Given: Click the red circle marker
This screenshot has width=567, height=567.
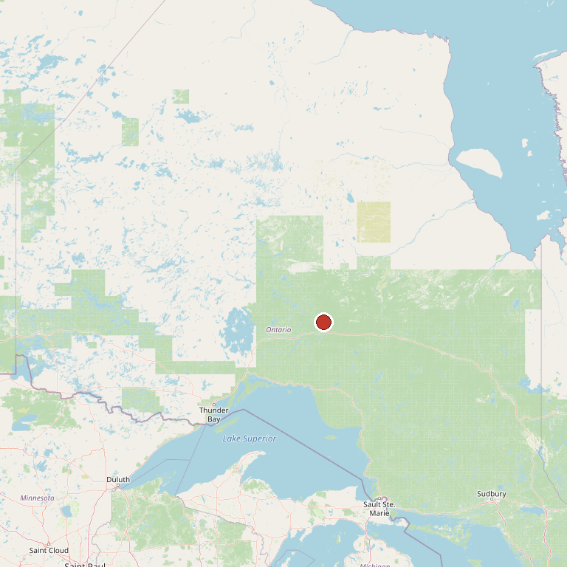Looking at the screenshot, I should [x=323, y=323].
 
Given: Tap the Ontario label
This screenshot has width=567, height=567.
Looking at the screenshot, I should [x=278, y=329].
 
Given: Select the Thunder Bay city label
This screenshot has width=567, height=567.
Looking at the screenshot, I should [x=213, y=414].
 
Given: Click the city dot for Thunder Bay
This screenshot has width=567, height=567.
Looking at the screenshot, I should [x=214, y=404].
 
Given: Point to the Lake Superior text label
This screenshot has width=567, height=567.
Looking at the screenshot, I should [x=250, y=439].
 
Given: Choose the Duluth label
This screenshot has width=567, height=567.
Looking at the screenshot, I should [x=118, y=479].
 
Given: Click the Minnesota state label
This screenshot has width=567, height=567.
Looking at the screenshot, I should [x=37, y=498].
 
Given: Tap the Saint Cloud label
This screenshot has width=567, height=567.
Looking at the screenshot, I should [x=49, y=550].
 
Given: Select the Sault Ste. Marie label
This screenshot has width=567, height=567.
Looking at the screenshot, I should [x=379, y=509].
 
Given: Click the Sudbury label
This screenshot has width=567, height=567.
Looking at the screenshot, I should [x=491, y=493].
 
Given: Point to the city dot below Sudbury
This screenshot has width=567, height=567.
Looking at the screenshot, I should [x=492, y=500].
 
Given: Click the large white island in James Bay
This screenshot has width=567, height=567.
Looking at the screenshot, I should [x=478, y=163].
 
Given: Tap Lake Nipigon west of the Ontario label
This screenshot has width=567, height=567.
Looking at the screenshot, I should [x=238, y=329].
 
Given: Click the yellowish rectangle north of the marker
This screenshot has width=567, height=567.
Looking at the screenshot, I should [x=374, y=222].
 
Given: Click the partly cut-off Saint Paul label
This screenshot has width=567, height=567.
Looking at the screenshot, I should [x=85, y=565].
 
